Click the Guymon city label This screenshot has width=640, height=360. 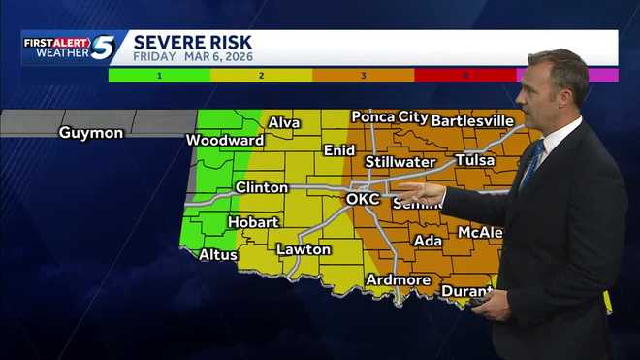pyautogui.click(x=91, y=132)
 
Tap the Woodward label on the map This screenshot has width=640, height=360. pyautogui.click(x=225, y=140)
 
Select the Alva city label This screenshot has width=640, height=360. pyautogui.click(x=284, y=123)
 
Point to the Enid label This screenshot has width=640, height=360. pyautogui.click(x=339, y=150)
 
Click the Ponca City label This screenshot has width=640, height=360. pyautogui.click(x=386, y=117)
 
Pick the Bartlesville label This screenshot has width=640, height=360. pyautogui.click(x=472, y=120)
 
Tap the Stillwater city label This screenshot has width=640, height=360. pyautogui.click(x=400, y=161)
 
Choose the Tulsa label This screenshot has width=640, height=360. pyautogui.click(x=474, y=160)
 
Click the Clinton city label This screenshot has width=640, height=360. pyautogui.click(x=262, y=187)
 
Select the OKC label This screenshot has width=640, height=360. pyautogui.click(x=363, y=199)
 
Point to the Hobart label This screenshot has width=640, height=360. pyautogui.click(x=253, y=222)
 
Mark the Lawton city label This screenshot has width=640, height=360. pyautogui.click(x=304, y=249)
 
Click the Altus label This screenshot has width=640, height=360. pyautogui.click(x=217, y=254)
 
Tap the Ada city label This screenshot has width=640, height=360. pyautogui.click(x=428, y=241)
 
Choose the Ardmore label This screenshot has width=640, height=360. pyautogui.click(x=398, y=279)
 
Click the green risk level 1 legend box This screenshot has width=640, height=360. pyautogui.click(x=158, y=75)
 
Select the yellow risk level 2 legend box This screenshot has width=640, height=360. pyautogui.click(x=261, y=75)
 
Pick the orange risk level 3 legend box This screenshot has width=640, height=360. pyautogui.click(x=363, y=75)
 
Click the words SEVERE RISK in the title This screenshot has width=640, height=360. pyautogui.click(x=192, y=42)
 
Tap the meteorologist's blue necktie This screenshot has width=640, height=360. pyautogui.click(x=531, y=166)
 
